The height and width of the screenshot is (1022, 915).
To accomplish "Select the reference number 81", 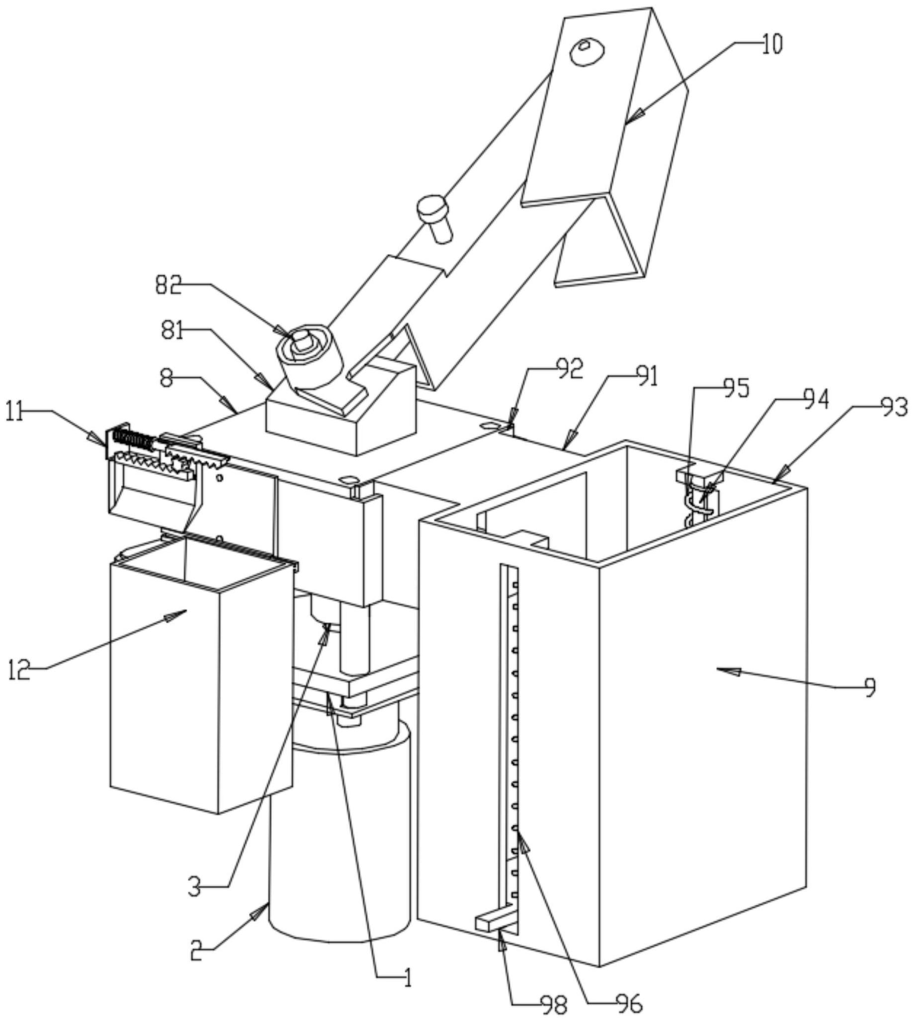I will pos(172,332).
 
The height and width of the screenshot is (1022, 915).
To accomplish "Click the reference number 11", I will pos(15,413).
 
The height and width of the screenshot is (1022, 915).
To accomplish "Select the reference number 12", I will pos(20,670).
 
